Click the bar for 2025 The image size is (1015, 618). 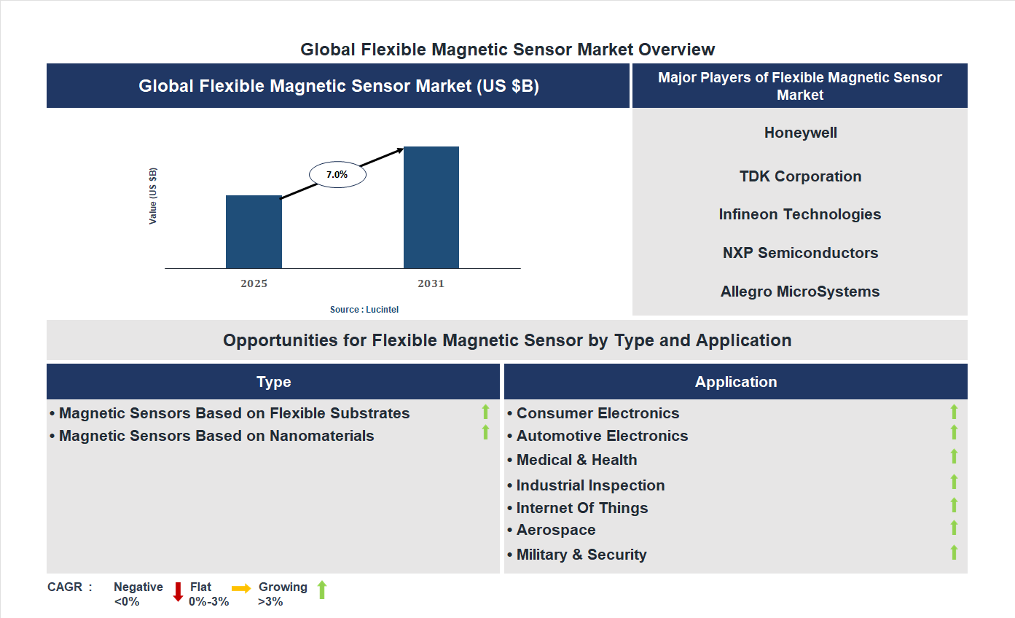tap(254, 232)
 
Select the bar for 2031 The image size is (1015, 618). tap(431, 208)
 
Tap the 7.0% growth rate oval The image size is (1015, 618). tap(337, 175)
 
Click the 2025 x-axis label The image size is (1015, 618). tap(254, 283)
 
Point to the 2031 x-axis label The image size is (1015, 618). tap(431, 283)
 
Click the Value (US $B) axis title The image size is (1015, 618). tap(153, 196)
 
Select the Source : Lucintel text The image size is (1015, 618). tap(364, 310)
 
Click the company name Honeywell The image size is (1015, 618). tap(800, 133)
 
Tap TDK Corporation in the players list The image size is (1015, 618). tap(800, 176)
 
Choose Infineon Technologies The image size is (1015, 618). tap(800, 214)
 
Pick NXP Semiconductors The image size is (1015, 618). tap(800, 253)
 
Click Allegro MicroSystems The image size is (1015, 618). tap(800, 292)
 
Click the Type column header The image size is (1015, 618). tap(273, 382)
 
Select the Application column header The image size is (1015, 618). tap(735, 382)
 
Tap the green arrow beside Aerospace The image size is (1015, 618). tap(954, 528)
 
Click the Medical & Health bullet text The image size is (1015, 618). tap(576, 460)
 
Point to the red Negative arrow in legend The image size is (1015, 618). tap(178, 592)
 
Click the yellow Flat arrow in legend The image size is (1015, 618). tap(241, 588)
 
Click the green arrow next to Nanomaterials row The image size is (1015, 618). tap(485, 433)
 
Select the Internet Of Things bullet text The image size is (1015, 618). tap(581, 508)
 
